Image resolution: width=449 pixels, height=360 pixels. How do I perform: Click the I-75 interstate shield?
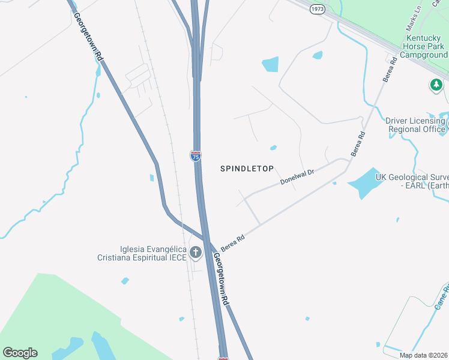(x=196, y=156)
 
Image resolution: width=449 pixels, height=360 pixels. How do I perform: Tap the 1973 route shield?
(x=318, y=9)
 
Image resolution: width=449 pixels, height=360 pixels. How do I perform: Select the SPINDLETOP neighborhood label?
(x=250, y=169)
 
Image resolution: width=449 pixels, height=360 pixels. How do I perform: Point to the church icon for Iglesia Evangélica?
(x=196, y=253)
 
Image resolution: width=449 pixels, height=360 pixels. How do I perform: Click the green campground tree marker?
(x=436, y=85)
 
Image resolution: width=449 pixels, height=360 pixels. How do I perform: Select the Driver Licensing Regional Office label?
(x=416, y=125)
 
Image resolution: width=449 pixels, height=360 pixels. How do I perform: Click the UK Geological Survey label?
(x=412, y=181)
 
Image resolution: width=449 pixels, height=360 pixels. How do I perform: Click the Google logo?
(x=20, y=353)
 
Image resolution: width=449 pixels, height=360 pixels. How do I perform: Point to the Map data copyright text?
(x=423, y=355)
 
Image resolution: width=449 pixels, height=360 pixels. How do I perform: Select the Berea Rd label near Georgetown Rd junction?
(x=233, y=242)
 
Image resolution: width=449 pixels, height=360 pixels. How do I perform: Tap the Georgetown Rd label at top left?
(x=88, y=36)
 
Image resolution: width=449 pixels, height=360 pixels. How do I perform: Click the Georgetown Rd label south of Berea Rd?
(x=221, y=280)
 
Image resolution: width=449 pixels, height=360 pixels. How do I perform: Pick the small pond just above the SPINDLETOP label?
(x=273, y=148)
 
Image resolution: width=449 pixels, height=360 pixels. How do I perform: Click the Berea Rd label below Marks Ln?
(x=390, y=69)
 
